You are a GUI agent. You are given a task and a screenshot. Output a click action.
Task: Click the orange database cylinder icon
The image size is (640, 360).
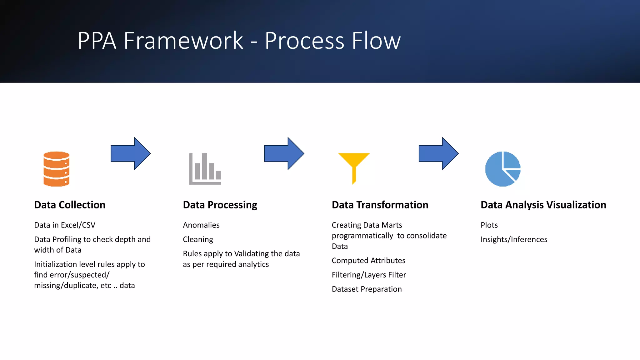coord(56,169)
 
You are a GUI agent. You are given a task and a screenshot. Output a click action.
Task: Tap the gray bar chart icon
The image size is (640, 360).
coord(205,169)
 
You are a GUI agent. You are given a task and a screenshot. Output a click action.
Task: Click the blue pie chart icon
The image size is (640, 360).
coord(502,169)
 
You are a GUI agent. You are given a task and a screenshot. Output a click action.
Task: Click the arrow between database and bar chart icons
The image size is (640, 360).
coord(130,153)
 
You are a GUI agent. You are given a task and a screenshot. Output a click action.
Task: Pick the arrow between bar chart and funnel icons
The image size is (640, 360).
coord(284,153)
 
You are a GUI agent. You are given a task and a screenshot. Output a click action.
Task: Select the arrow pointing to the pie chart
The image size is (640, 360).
coord(438,153)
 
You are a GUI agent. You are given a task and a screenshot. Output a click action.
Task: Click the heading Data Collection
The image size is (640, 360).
coord(70,205)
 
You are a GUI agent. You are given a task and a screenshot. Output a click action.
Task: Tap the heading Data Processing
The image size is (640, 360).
coord(220,205)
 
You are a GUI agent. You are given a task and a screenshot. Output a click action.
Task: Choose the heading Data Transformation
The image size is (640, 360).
coord(380,205)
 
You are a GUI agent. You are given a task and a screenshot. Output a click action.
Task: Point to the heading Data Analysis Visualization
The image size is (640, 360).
coord(543,205)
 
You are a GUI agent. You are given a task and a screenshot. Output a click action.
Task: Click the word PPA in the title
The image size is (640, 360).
coord(97,41)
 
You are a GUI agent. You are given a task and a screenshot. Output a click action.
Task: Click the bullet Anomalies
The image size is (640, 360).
coord(201,225)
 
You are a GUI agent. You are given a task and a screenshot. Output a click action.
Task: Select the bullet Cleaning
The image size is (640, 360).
coord(198,239)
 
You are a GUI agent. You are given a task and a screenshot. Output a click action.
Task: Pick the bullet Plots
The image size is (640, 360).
coord(489,225)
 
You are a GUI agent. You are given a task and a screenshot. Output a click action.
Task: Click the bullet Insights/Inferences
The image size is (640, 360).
coord(514,239)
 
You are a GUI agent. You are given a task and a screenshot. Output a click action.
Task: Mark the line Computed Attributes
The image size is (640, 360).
coord(368,261)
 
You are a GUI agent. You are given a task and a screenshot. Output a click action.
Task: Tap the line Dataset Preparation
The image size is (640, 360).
coord(367,289)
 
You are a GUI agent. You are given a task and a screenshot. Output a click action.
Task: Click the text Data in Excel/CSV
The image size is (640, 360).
coord(65,225)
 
